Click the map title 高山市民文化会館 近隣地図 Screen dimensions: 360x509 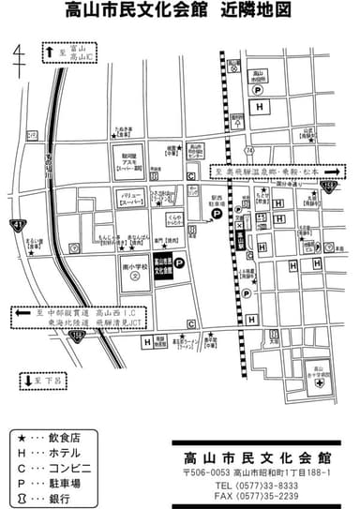178,13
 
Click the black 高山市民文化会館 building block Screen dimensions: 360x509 160,269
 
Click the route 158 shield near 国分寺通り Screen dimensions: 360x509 329,187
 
